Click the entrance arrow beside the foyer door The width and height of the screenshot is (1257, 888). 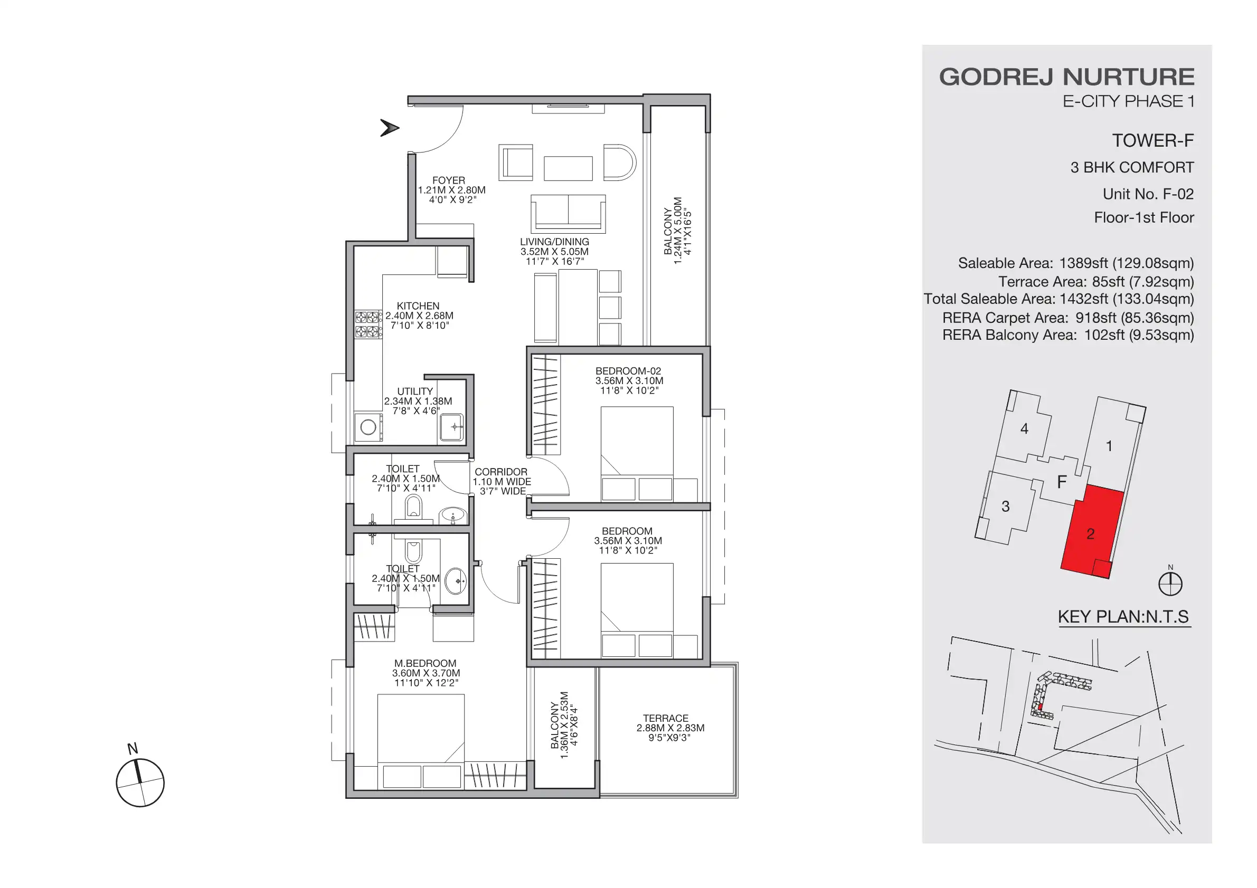[x=389, y=128]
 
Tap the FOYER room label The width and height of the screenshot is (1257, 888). [x=448, y=180]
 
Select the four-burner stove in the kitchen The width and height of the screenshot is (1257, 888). [x=367, y=324]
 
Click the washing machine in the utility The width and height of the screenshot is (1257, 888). [x=368, y=427]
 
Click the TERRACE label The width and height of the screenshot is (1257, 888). [x=665, y=718]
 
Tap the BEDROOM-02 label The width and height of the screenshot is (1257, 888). [x=628, y=371]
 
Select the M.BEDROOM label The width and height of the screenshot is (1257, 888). [x=425, y=663]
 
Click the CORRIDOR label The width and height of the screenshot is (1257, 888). [x=500, y=472]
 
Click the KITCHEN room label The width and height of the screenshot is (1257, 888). [x=418, y=306]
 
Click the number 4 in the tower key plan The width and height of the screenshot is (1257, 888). [x=1024, y=429]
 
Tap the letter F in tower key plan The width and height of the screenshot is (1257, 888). [x=1062, y=482]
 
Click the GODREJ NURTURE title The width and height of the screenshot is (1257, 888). [x=1066, y=77]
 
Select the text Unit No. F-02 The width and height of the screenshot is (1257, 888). [x=1148, y=194]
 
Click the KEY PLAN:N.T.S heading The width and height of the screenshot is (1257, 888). [x=1123, y=617]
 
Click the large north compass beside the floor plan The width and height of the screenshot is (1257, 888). [x=140, y=782]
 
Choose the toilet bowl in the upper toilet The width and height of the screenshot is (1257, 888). [x=414, y=506]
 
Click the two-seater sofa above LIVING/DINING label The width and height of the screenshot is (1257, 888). [x=568, y=213]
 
